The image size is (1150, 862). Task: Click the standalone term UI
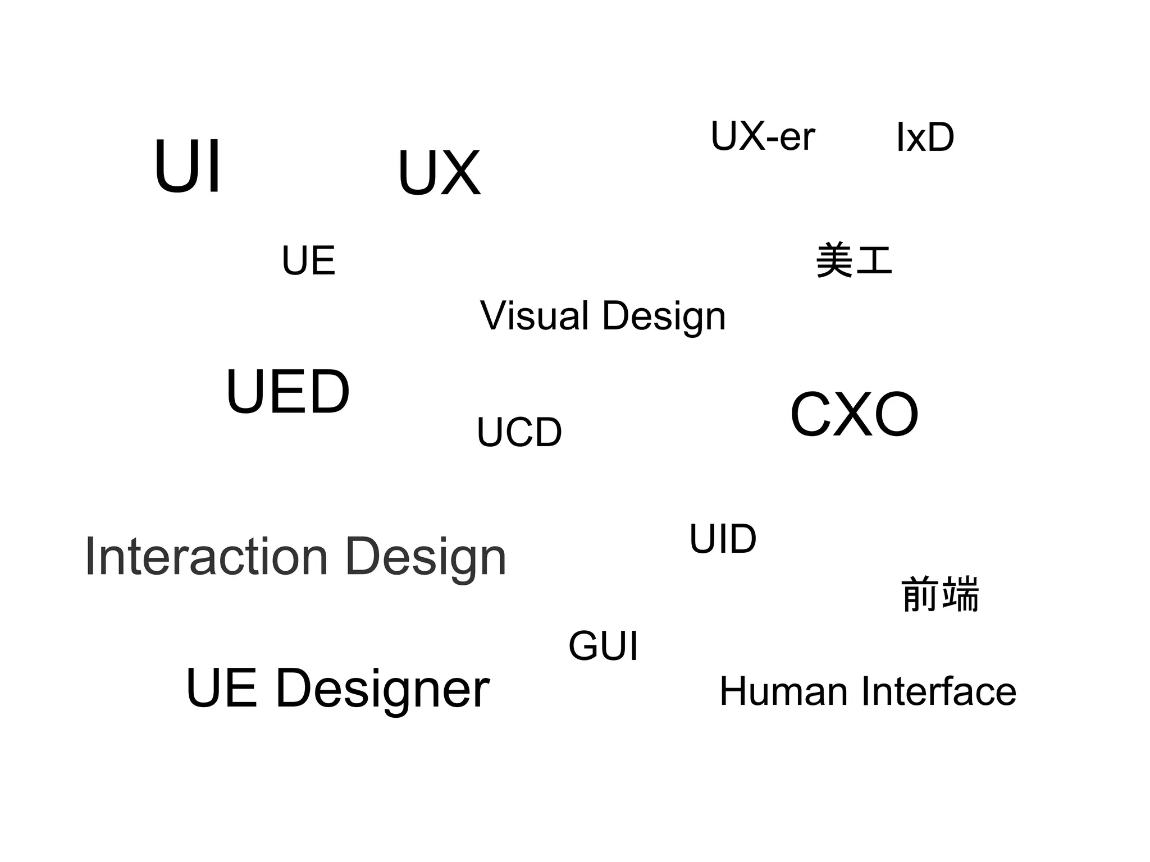click(188, 167)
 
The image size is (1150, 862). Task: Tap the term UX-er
click(762, 136)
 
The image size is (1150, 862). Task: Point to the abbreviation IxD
click(925, 137)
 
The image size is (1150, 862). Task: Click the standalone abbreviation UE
click(308, 261)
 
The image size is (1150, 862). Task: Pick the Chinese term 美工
click(854, 260)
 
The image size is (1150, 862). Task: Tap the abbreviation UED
click(287, 392)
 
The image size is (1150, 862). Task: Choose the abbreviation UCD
click(519, 432)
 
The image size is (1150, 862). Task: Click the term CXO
click(854, 415)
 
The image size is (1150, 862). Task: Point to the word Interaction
click(206, 557)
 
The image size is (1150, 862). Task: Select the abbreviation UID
click(723, 539)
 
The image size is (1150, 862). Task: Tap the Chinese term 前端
click(940, 594)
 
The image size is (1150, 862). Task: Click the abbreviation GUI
click(603, 646)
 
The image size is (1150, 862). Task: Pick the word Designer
click(382, 690)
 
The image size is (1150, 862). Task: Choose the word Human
click(783, 691)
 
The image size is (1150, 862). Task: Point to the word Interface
click(938, 691)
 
